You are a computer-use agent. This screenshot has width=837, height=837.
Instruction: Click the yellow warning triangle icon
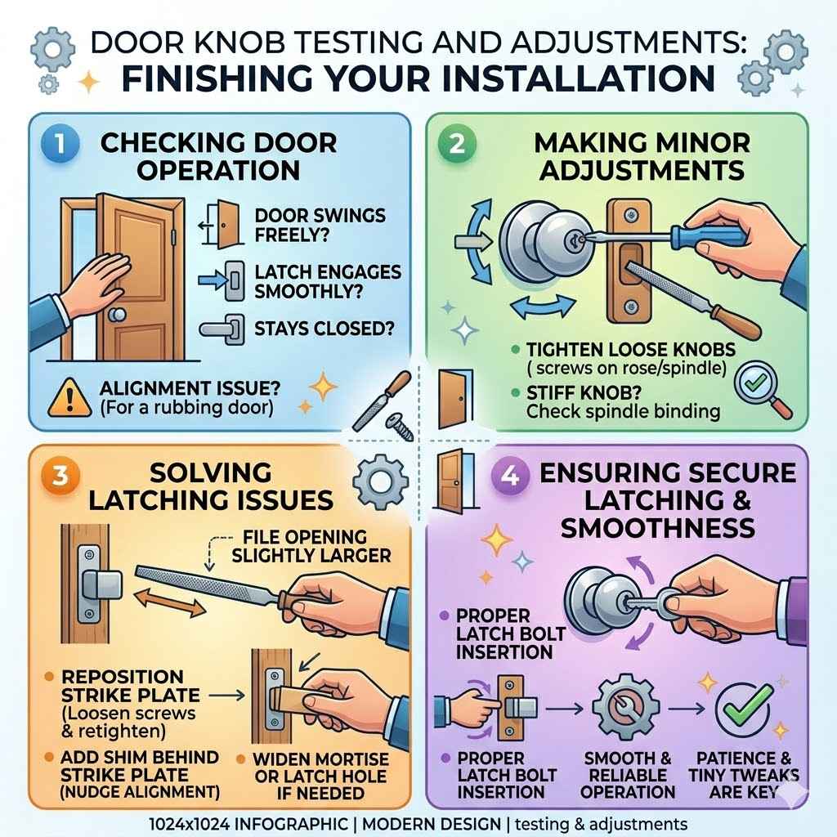click(x=70, y=397)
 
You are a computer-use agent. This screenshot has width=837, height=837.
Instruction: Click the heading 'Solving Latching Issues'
click(x=211, y=486)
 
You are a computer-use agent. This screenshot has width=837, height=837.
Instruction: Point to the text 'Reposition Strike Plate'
click(x=123, y=685)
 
